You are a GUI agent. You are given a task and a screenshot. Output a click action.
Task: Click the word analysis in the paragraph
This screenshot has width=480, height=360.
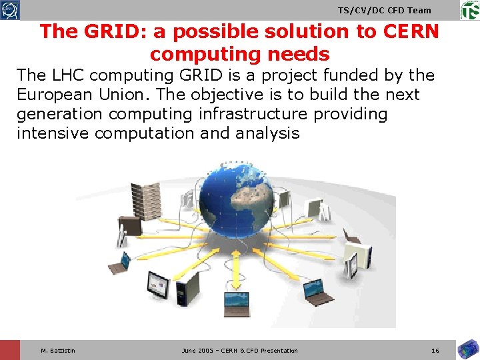coord(267,133)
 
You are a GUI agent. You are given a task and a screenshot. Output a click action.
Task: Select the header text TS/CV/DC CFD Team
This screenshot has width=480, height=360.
coord(385,10)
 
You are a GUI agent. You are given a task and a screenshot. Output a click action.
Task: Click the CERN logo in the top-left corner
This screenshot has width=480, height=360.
coord(10,10)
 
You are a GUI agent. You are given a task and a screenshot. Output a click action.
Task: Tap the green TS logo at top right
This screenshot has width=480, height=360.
coord(469,10)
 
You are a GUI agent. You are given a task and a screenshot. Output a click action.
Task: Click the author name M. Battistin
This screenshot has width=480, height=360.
coord(58,351)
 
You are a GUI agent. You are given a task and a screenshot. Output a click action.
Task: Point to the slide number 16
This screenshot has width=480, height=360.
coord(435,351)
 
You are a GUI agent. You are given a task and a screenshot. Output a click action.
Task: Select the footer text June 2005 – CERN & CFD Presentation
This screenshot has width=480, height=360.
coord(240,351)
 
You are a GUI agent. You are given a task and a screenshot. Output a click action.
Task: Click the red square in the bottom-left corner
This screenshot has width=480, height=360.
coord(10,350)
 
